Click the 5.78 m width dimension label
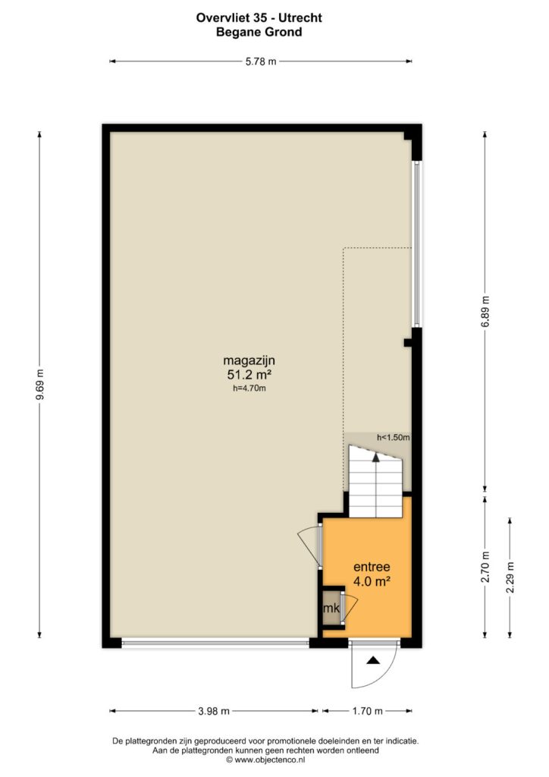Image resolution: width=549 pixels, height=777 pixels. coord(261,61)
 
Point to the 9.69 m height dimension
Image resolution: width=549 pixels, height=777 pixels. coord(39,385)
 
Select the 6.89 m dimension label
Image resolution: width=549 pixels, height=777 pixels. coord(485,311)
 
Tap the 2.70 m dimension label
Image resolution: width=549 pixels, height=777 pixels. coord(485,567)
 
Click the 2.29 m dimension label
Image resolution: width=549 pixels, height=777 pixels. coord(510,577)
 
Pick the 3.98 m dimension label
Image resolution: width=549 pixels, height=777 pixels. coord(214,711)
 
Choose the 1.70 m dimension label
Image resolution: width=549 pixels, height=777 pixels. coord(367,711)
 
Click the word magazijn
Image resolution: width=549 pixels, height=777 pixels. coord(249,360)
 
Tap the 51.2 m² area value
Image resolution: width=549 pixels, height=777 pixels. coord(249,375)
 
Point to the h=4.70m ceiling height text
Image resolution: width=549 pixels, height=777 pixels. coord(249,388)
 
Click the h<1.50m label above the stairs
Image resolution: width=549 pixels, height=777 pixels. coord(394,438)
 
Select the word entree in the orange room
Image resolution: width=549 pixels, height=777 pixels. coord(372,567)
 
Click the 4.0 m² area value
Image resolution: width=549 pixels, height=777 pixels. coord(372,581)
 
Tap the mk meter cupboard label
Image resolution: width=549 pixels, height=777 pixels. coord(331,608)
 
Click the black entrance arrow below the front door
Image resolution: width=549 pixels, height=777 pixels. coord(373,660)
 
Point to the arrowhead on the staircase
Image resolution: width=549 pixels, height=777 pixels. coord(376,458)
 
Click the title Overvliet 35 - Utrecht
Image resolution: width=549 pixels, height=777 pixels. coord(259,18)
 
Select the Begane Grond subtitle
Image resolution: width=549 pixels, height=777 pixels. coord(259,32)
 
